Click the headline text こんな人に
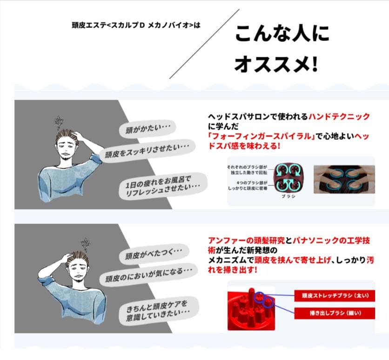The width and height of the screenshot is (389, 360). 282,34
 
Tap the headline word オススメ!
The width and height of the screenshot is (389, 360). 276,64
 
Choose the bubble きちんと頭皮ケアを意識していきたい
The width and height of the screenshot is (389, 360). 161,308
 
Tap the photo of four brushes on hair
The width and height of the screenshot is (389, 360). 344,179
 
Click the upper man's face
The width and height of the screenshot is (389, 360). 64,148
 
